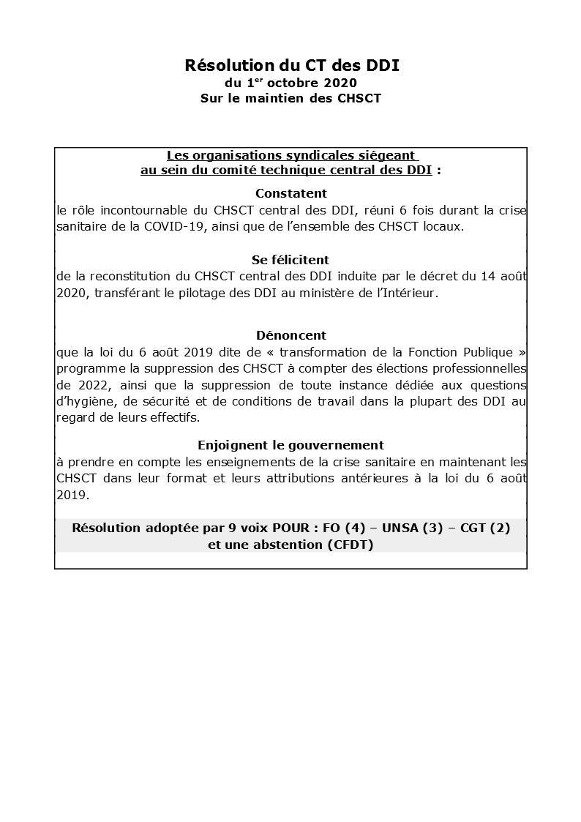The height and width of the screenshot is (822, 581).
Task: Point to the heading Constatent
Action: point(291,193)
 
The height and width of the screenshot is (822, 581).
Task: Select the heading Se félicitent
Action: point(290,260)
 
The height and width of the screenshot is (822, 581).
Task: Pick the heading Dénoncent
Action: point(291,335)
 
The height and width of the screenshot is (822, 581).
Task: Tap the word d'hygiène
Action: point(82,401)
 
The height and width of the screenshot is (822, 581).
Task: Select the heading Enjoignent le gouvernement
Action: point(290,445)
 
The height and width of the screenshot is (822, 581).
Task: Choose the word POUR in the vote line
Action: point(293,527)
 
